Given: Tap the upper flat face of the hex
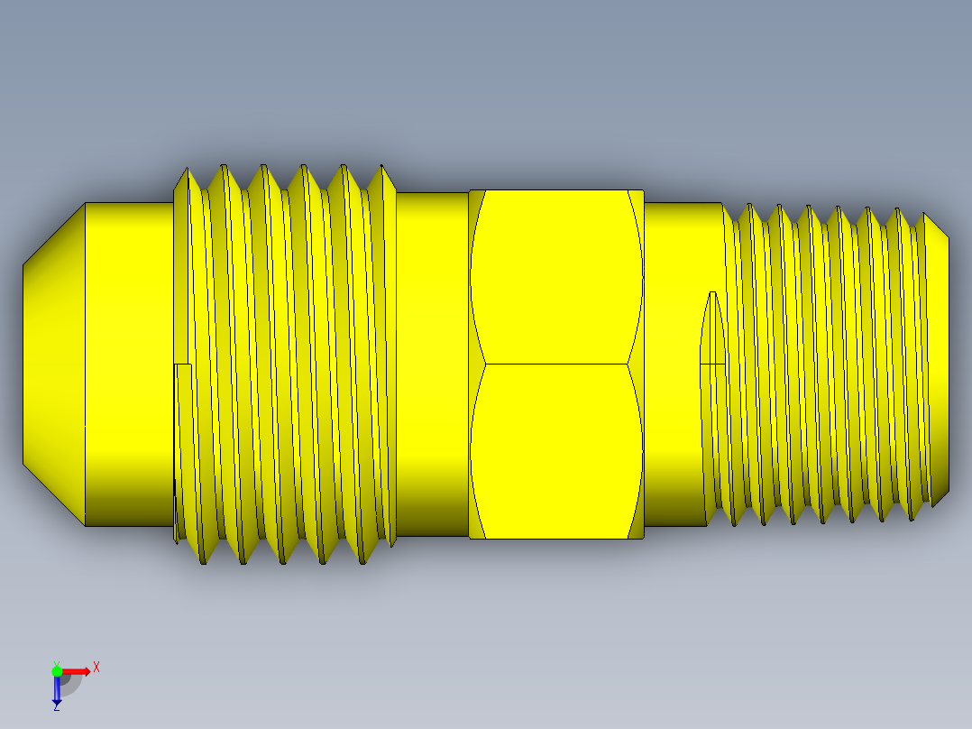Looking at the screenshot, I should pyautogui.click(x=555, y=276).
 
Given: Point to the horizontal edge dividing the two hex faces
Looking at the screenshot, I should pyautogui.click(x=555, y=364).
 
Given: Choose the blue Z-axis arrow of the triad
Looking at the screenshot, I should pyautogui.click(x=57, y=689).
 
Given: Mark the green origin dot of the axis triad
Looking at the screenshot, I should pyautogui.click(x=57, y=670).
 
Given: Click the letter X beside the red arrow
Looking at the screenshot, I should pyautogui.click(x=96, y=667).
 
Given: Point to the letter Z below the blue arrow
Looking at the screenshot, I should pyautogui.click(x=57, y=707).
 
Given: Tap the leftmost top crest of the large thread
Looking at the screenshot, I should pyautogui.click(x=186, y=171).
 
